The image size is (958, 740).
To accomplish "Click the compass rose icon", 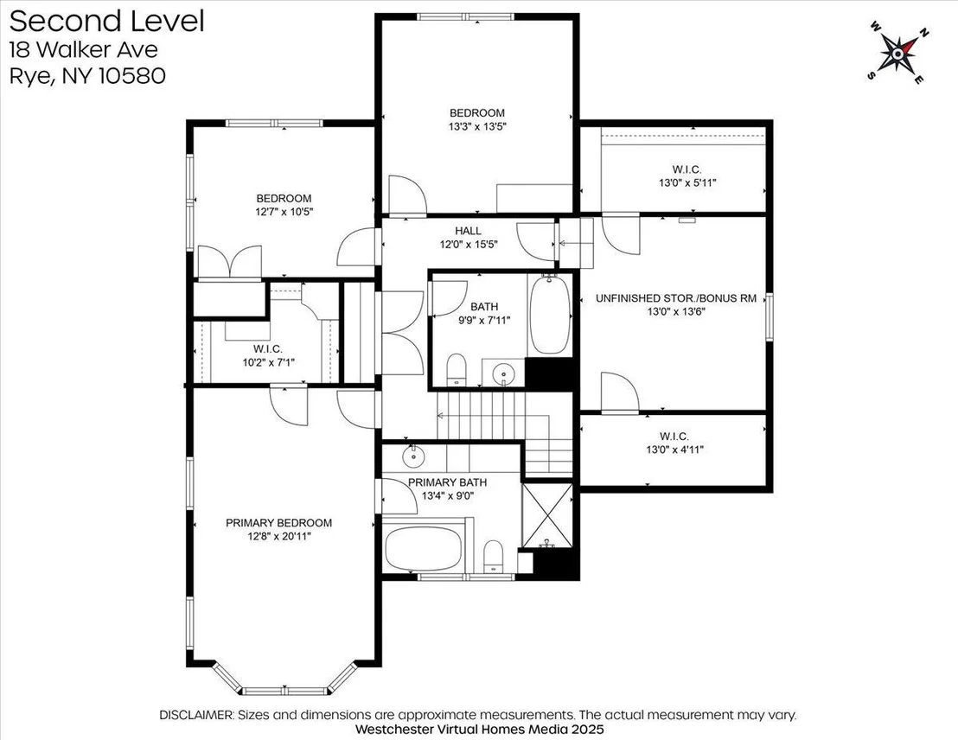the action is coord(897,54).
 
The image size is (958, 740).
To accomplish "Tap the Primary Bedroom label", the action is coord(278,523).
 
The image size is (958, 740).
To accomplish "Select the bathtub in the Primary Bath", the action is coord(424,548).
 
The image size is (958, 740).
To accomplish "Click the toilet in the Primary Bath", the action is coord(493,556).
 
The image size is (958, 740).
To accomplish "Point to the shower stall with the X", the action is coord(547,516).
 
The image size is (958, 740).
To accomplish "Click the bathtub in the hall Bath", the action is coord(549,314).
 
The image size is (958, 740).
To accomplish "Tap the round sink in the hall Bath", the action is coord(503,372).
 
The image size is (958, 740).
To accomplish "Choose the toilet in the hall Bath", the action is coord(457,370).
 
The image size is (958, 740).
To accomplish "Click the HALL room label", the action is coord(468,231).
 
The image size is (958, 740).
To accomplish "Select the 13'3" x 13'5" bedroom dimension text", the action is coord(477,126).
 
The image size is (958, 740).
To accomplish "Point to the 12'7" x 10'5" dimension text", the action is coord(284,212).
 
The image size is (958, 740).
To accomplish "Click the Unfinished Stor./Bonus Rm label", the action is coord(676,298).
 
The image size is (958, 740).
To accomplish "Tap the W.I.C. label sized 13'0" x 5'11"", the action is coord(687,169).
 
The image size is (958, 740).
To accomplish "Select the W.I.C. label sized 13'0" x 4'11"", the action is coord(674,437).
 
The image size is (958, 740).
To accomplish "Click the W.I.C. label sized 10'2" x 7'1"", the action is coord(268,349).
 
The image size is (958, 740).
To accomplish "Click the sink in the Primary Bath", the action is coord(413,456).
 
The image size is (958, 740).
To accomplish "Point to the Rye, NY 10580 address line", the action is coord(87,76).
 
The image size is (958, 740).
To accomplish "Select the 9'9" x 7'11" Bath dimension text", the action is coord(484,320).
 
